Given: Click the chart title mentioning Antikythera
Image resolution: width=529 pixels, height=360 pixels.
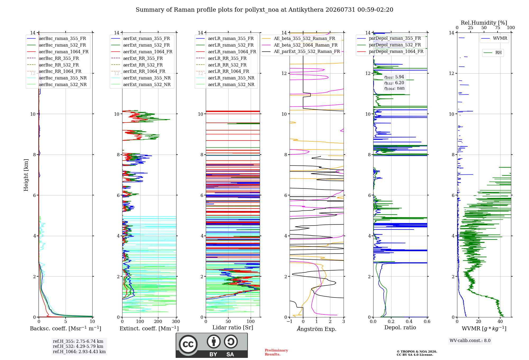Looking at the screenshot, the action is pos(264,10).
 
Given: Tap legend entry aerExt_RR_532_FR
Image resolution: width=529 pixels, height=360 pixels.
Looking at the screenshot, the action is pos(143,65).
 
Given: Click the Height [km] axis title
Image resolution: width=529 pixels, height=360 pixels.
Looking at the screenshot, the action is pos(26,175).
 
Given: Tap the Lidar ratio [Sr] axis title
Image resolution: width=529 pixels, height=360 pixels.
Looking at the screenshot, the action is pos(233,327).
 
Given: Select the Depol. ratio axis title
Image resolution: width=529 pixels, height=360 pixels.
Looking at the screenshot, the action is pos(400,327).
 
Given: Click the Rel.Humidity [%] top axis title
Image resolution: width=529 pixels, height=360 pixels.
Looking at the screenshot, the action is pos(484,23).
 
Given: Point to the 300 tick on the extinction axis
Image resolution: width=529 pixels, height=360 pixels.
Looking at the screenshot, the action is pos(176,321).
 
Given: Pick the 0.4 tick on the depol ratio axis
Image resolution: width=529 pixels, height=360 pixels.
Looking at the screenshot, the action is pos(409,321).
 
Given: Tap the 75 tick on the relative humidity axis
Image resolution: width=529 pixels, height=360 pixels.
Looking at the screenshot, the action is pos(498,28).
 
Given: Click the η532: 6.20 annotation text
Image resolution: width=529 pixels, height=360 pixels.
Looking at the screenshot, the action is pos(394,83).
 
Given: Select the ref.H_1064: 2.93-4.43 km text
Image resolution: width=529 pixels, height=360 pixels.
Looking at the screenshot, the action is pos(79,352).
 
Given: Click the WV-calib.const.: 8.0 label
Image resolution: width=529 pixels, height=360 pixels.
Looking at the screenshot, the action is pos(470,340).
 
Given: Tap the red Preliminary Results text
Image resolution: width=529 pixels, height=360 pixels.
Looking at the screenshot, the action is pos(276,352).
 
